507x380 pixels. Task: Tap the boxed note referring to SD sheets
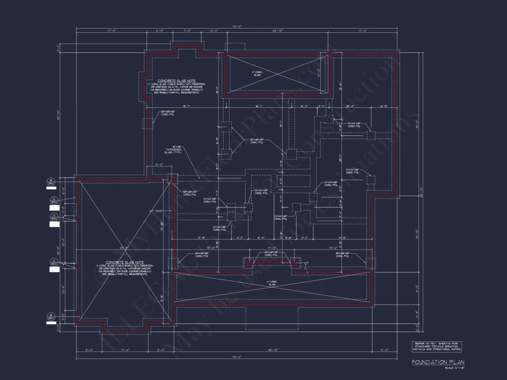[436, 346]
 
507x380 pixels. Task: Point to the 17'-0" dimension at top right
[362, 31]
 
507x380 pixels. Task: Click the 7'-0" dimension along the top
[187, 31]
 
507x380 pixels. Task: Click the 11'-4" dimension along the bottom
[124, 350]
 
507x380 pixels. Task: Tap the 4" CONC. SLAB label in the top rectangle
[257, 73]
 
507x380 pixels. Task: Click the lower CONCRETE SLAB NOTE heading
[124, 262]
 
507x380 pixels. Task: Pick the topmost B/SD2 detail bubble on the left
[51, 181]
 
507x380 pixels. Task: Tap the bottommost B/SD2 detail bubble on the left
[51, 316]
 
